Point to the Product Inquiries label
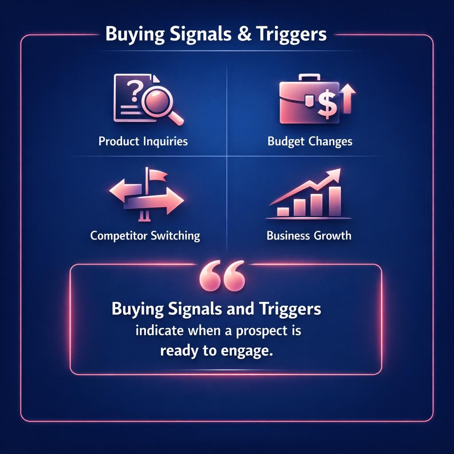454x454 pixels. (x=143, y=141)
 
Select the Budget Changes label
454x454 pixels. (x=310, y=141)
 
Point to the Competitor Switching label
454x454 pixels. (x=145, y=235)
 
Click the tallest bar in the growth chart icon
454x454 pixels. (x=335, y=201)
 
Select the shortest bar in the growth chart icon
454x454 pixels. (x=282, y=211)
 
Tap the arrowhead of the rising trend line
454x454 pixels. (x=334, y=174)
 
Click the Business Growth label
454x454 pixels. (x=309, y=235)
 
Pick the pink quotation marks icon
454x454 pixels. (x=222, y=276)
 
